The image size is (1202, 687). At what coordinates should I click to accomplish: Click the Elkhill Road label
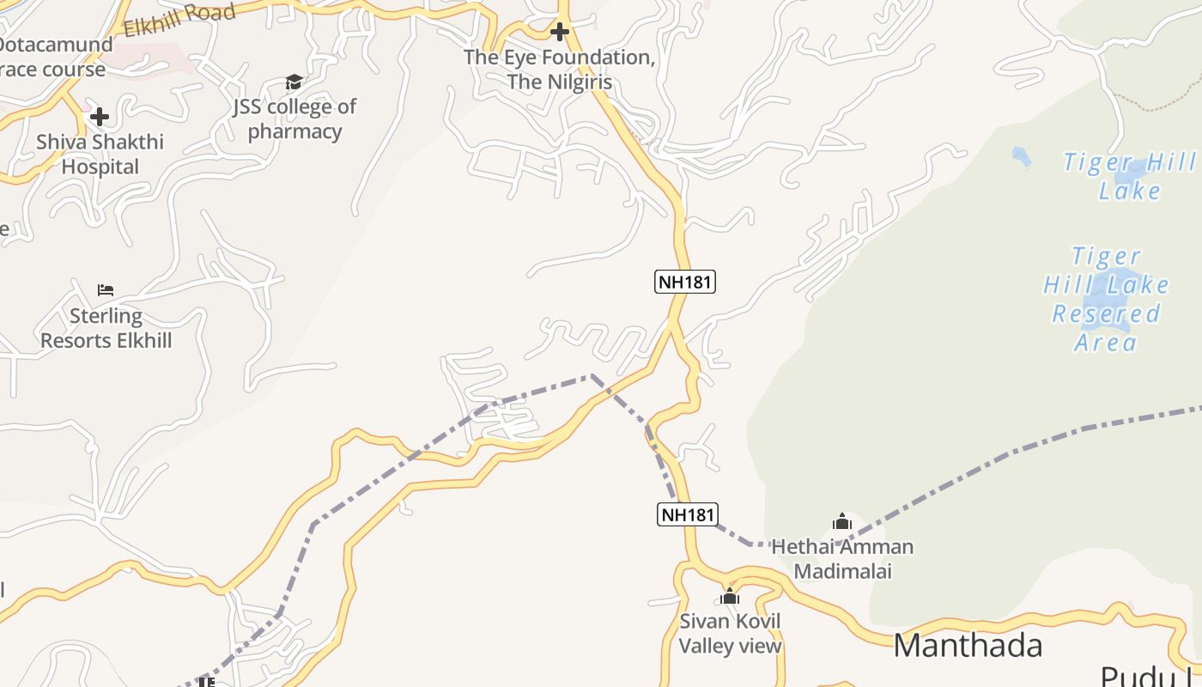tap(179, 20)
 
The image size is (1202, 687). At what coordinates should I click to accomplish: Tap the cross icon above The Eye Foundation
tap(560, 33)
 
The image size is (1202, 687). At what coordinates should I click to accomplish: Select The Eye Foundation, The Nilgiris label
tap(560, 70)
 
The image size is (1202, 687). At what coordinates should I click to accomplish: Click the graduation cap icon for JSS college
tap(294, 82)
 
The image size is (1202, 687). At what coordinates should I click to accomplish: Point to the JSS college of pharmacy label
tap(294, 119)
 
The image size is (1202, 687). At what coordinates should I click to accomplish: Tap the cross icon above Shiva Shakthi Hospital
tap(100, 117)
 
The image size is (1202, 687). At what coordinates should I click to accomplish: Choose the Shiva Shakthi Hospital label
tap(100, 155)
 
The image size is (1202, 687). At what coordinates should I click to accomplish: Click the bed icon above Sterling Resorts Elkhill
tap(106, 290)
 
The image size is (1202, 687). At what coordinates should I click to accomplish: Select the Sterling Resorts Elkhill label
tap(106, 328)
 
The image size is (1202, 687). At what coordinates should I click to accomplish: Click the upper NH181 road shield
tap(685, 282)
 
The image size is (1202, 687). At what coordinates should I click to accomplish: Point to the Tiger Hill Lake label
tap(1129, 176)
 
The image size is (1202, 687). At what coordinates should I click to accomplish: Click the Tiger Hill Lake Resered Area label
tap(1106, 299)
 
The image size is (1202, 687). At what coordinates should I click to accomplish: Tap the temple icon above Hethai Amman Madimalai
tap(842, 521)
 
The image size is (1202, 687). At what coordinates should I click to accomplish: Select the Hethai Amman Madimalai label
tap(842, 558)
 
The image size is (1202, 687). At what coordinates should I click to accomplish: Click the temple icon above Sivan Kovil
tap(730, 596)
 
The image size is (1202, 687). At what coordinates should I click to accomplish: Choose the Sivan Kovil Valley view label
tap(730, 634)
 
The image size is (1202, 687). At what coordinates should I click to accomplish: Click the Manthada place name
tap(968, 646)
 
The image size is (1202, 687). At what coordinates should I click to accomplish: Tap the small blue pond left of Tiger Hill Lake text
tap(1021, 156)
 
